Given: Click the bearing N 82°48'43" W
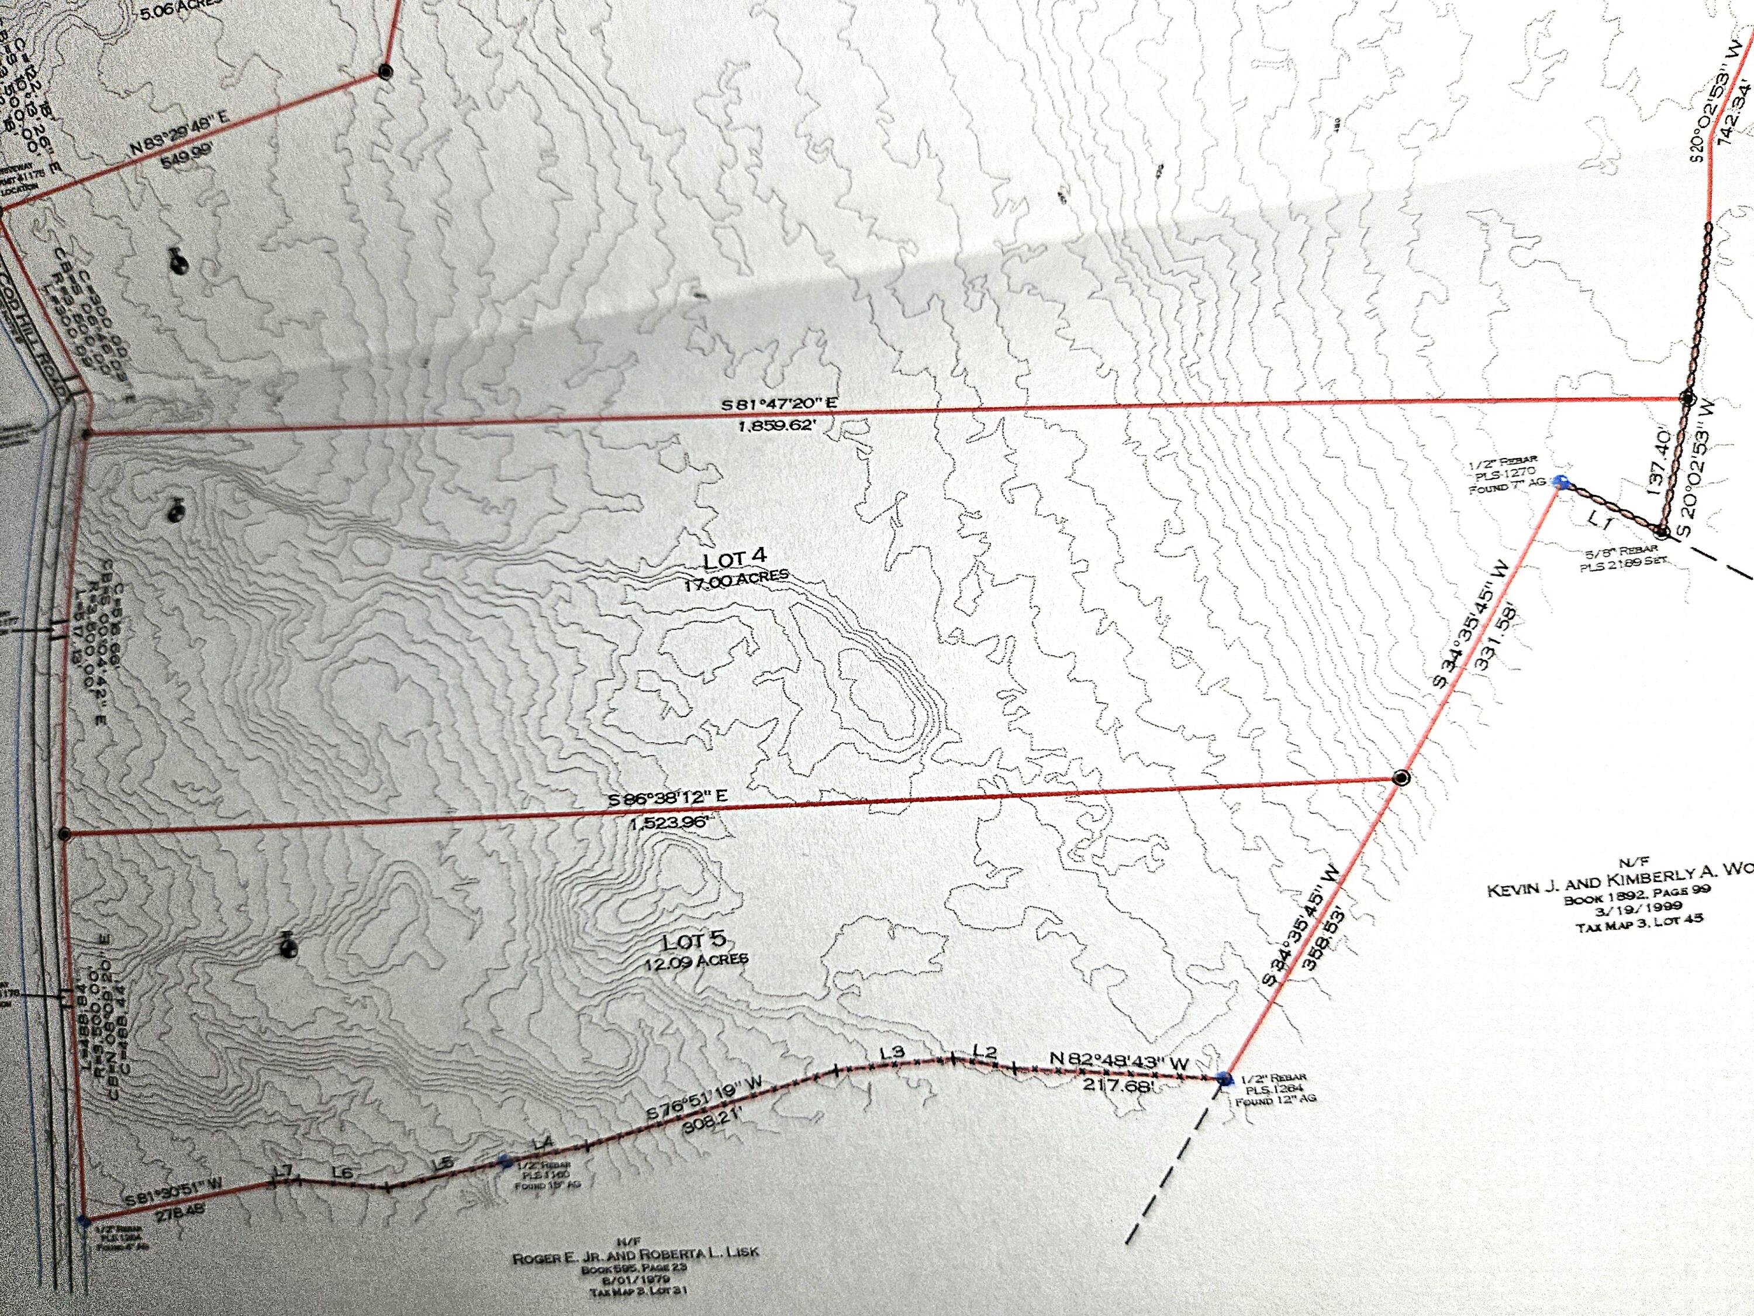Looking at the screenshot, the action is tap(1119, 1062).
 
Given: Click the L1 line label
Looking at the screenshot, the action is tap(1596, 524).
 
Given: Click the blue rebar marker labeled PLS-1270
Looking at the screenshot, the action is tap(1560, 481).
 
